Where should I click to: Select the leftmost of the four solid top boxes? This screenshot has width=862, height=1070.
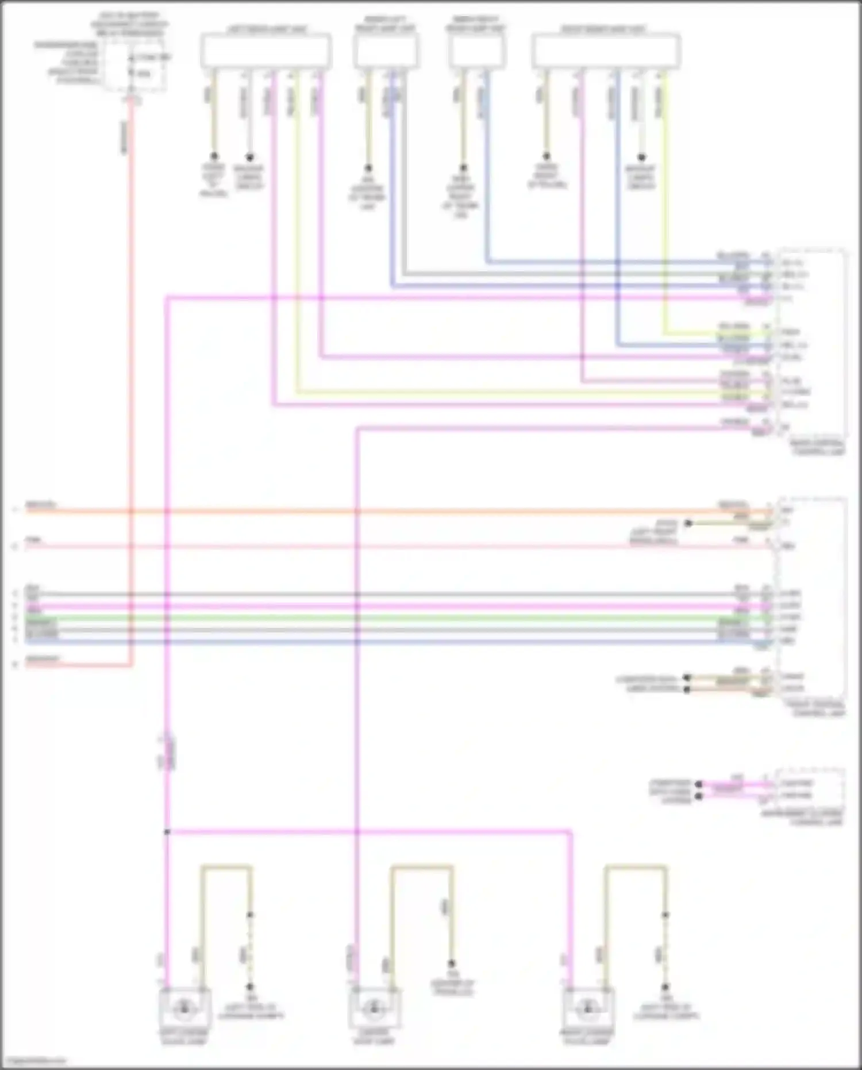point(265,51)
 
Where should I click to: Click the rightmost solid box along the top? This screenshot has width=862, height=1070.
point(606,51)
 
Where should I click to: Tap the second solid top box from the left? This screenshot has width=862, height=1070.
point(386,51)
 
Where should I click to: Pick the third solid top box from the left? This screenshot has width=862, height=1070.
point(477,51)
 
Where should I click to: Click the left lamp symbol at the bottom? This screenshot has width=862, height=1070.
point(184,1007)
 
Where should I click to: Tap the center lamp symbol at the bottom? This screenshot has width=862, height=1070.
point(375,1007)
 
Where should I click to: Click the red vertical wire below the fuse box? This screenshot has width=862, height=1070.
point(131,345)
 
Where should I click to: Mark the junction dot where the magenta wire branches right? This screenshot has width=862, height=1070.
point(167,831)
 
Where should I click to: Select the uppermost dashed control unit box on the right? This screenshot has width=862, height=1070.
point(811,344)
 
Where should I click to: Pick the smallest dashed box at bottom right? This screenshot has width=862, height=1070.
point(810,789)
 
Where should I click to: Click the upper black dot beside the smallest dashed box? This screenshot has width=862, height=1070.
point(699,784)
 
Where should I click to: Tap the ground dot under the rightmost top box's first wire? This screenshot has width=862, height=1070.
point(547,156)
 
